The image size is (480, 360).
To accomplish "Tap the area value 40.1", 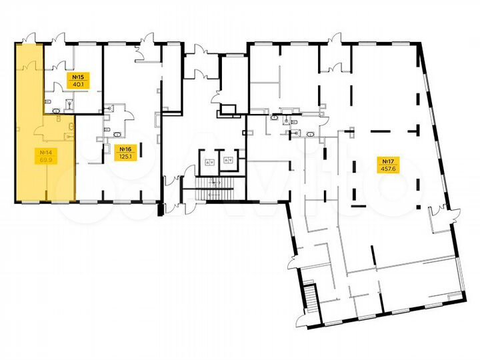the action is point(79,84).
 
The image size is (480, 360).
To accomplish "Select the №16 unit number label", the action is point(125,149).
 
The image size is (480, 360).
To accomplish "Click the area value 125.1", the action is point(125,157).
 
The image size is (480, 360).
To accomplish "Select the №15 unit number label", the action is point(79,77).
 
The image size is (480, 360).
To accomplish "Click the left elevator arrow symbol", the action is point(210,162).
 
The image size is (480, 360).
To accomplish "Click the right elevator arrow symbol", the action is point(228,160).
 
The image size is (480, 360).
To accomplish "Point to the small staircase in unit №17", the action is point(311,297).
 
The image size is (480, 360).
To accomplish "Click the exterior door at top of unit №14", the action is point(29,38).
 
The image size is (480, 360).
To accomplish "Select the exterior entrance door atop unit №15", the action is point(59,38).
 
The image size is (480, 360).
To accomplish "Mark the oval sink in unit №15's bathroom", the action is point(57,111).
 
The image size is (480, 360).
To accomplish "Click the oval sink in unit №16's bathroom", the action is point(117,135).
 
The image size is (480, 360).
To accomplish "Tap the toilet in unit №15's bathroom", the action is point(71,103).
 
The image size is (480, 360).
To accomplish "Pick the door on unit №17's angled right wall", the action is point(454,214).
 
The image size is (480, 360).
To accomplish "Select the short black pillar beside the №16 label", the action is point(141,150).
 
